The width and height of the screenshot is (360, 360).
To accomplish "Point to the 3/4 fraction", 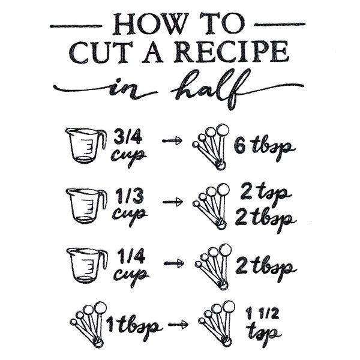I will point(127,137).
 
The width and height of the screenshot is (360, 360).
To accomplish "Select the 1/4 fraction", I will point(127,256).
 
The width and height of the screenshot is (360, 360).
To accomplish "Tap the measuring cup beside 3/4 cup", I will point(86,145).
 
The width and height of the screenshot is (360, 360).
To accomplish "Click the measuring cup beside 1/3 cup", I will point(86,205).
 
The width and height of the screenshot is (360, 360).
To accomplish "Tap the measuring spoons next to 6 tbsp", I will point(211,144).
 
